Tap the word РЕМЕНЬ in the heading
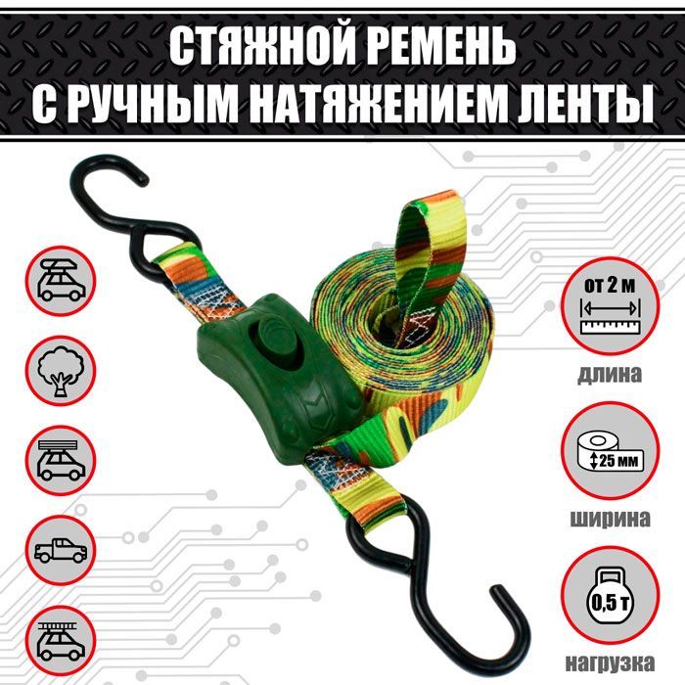click(x=440, y=47)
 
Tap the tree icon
click(x=61, y=371)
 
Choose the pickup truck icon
click(x=61, y=550)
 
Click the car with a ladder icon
click(x=61, y=640)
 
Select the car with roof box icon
click(x=61, y=280)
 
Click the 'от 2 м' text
click(x=610, y=286)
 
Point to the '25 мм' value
click(x=619, y=461)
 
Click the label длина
click(x=610, y=375)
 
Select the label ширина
click(x=611, y=519)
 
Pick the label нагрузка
click(x=611, y=663)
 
